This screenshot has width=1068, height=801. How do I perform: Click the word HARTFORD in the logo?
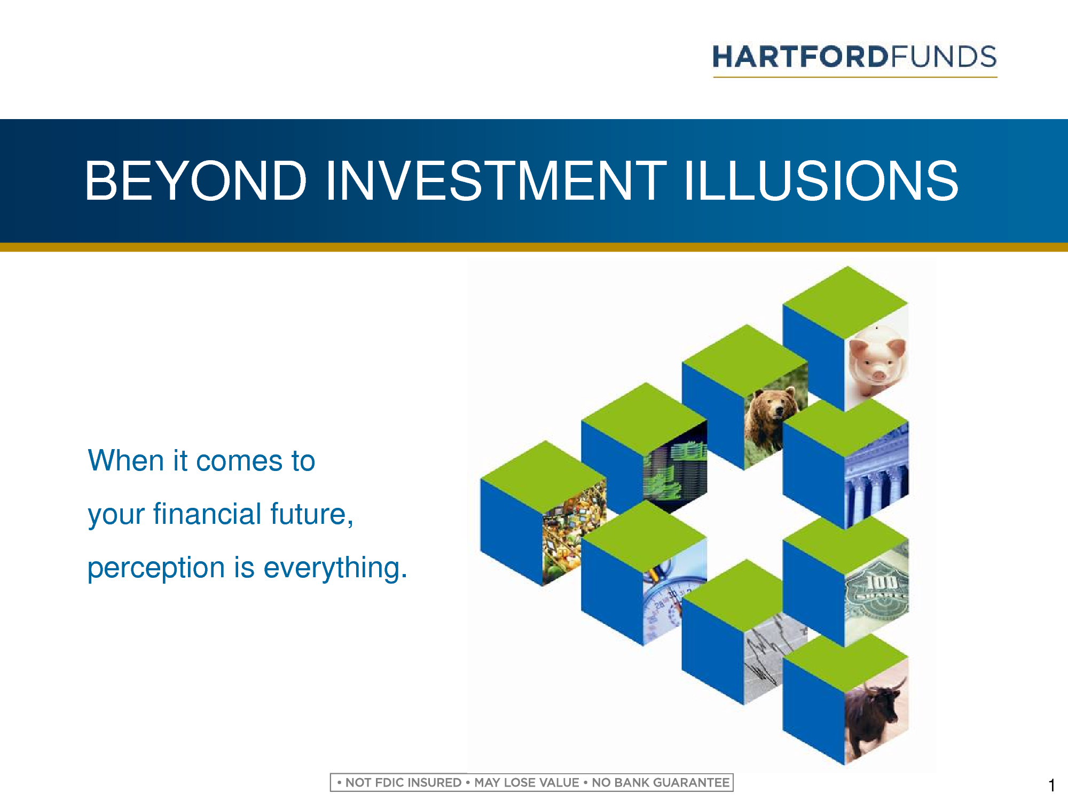(x=801, y=57)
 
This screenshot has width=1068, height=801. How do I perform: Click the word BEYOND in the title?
(x=195, y=181)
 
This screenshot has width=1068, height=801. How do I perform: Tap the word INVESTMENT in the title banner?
(x=496, y=181)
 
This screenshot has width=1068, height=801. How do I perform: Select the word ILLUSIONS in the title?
(x=821, y=181)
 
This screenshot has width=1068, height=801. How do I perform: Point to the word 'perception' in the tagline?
(x=156, y=568)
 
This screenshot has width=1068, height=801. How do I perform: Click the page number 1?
(x=1051, y=786)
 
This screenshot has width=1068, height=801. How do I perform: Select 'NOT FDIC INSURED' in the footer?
(x=403, y=783)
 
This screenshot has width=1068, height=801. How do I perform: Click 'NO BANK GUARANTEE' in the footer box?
(x=661, y=783)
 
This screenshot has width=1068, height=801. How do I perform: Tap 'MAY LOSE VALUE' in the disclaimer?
(x=527, y=783)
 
